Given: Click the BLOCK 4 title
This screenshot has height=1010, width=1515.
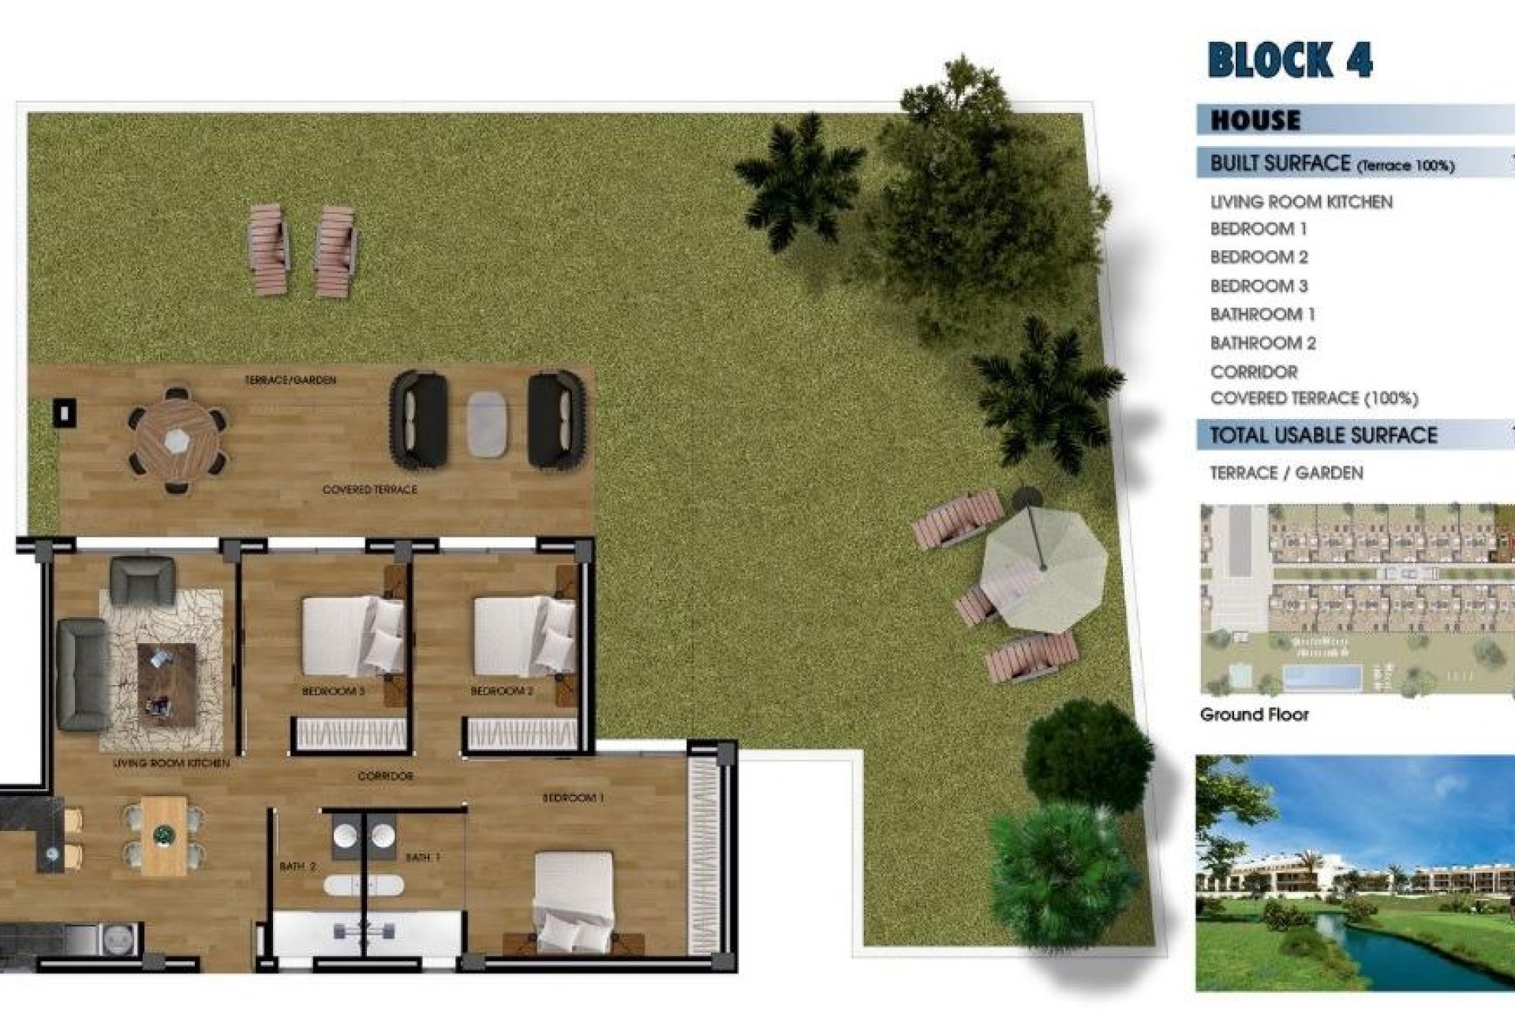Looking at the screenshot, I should point(1290,60).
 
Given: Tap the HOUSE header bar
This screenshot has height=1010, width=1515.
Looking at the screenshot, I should point(1256,121).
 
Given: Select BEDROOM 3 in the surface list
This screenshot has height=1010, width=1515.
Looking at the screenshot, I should point(1259,286).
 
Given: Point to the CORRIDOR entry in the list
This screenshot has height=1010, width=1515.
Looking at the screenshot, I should point(1254,372).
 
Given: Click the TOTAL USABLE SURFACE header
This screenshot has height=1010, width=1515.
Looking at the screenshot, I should point(1323,435).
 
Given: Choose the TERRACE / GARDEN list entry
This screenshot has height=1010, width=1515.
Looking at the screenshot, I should point(1286,473).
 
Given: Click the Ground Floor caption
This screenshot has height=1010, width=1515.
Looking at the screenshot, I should point(1254,715).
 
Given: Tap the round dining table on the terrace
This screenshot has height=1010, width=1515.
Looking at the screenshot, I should point(178,440).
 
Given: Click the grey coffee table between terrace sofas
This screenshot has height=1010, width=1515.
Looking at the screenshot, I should point(488,424).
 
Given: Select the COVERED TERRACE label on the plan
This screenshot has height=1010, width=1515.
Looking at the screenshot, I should point(369,490).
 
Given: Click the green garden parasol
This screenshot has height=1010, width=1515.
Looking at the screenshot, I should point(1044,567).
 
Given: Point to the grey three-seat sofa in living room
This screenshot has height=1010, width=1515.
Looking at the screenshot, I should point(83,674).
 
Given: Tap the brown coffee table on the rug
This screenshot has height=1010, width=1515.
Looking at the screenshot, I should point(166,683).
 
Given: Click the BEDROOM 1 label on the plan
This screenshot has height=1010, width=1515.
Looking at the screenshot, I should point(573,798).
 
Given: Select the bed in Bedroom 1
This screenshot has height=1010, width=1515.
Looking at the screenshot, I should point(574,900).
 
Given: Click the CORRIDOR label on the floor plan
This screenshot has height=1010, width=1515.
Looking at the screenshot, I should point(385,776).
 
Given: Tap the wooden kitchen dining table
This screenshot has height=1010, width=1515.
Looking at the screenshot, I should point(164,835).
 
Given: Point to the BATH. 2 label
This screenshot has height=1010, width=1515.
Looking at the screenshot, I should point(297,866).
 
